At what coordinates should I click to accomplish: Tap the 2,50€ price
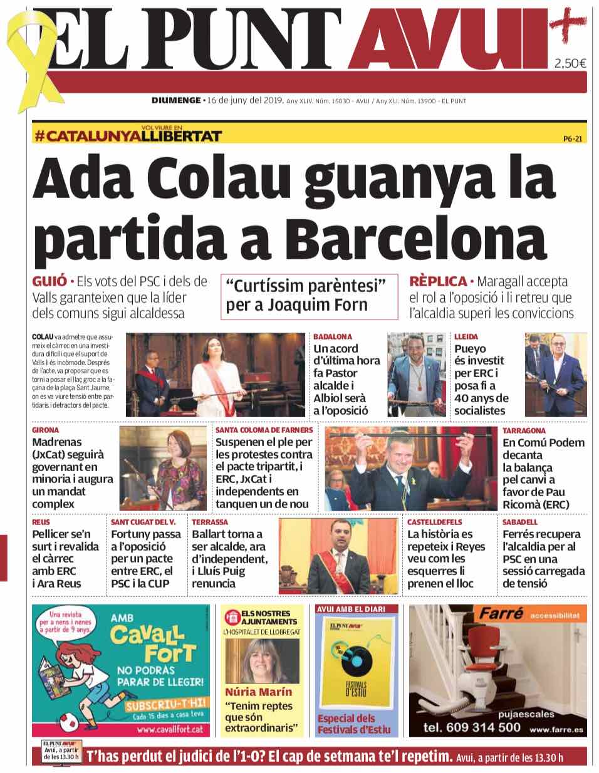click(x=570, y=63)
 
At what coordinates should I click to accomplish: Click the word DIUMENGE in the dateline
click(x=175, y=100)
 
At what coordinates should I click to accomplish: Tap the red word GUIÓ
click(x=49, y=281)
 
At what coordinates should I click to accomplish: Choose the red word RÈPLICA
click(x=438, y=281)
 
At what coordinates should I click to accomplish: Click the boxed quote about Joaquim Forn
click(x=309, y=296)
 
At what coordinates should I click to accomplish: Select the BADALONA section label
click(x=333, y=336)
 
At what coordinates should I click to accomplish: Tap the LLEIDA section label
click(x=466, y=336)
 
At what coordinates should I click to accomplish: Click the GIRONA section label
click(x=46, y=430)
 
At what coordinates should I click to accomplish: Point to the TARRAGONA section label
click(x=524, y=430)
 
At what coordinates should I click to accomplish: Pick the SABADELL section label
click(x=520, y=522)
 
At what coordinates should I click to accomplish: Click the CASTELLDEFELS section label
click(x=435, y=522)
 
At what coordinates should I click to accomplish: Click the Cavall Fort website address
click(x=170, y=729)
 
